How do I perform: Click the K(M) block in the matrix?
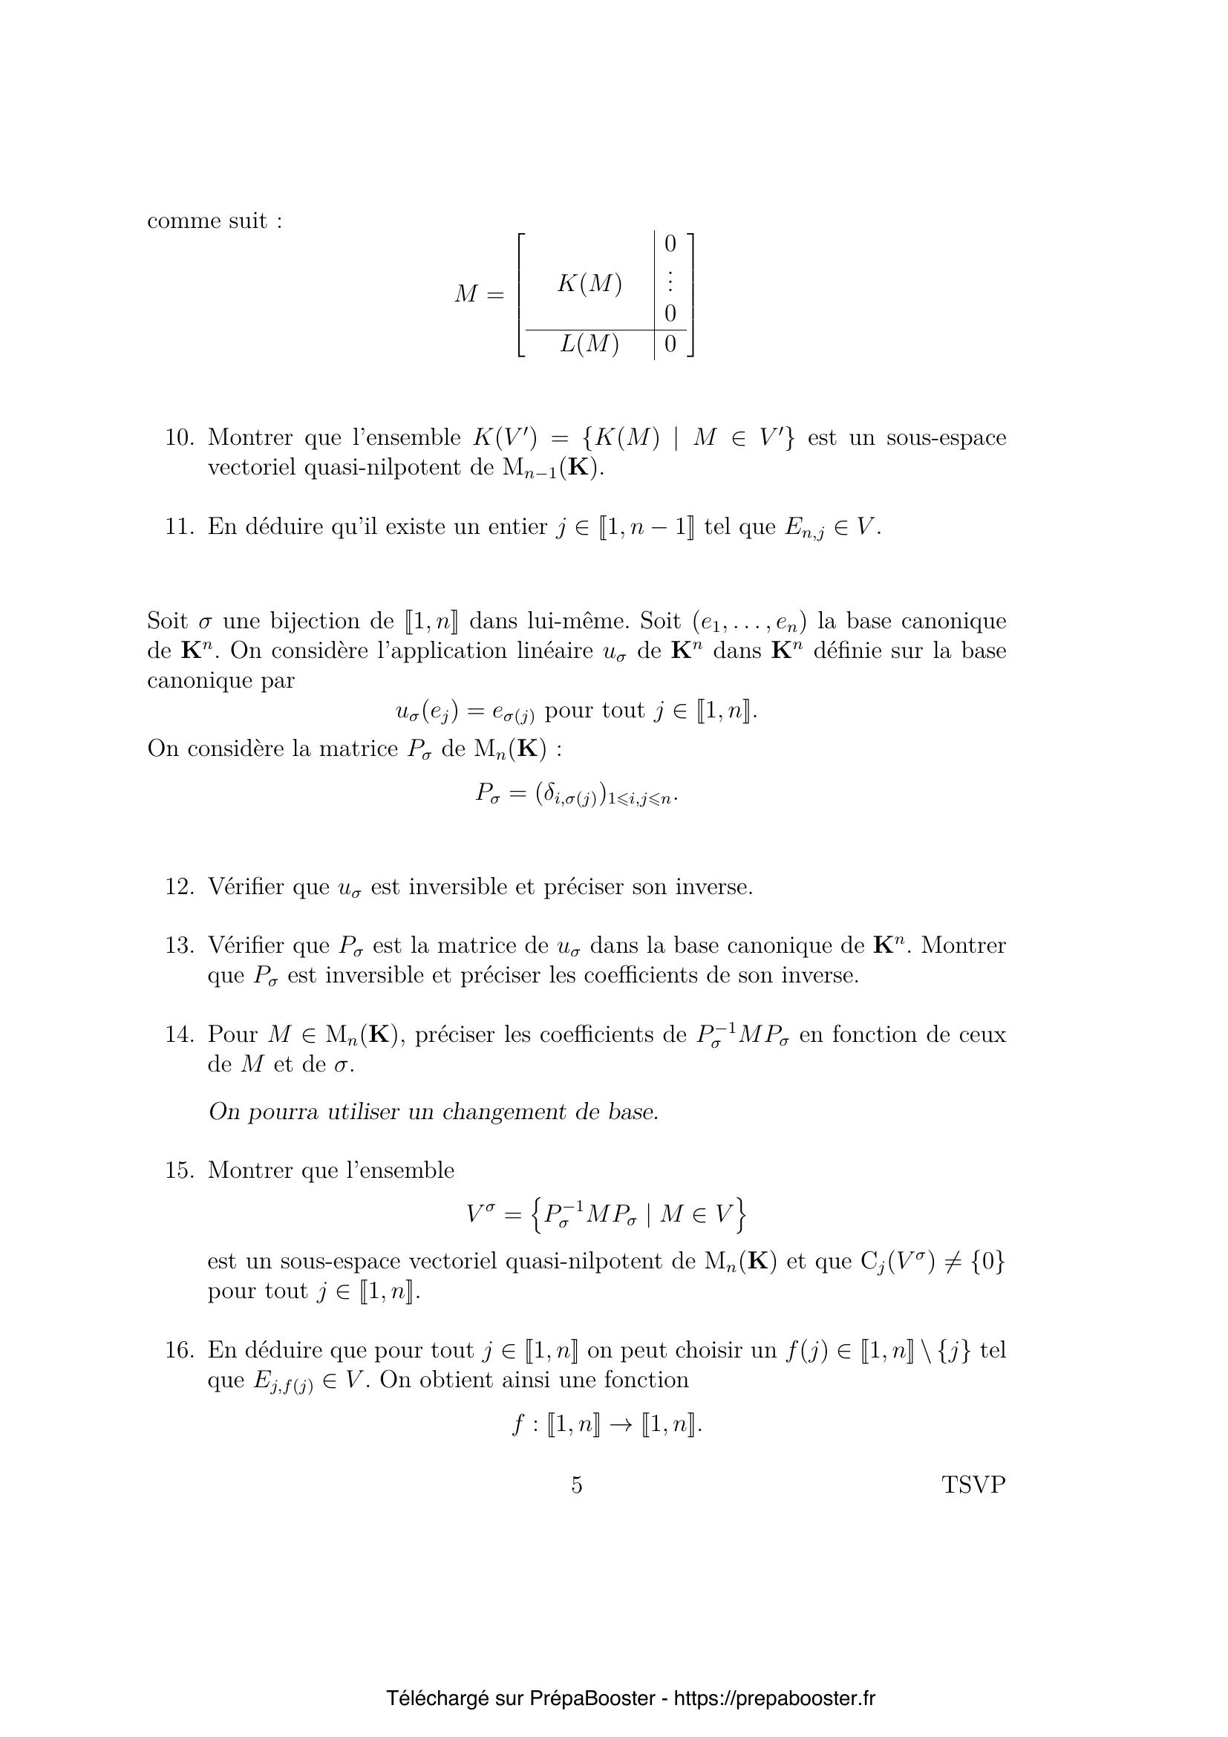(x=589, y=284)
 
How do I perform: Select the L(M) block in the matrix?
(x=589, y=345)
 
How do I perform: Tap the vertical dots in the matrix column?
(x=669, y=281)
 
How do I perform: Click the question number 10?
(x=180, y=438)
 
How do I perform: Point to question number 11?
(x=180, y=527)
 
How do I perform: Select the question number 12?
(x=180, y=887)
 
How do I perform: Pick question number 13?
(x=180, y=945)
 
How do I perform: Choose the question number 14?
(x=180, y=1034)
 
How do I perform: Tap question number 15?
(x=180, y=1170)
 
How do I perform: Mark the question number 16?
(x=180, y=1350)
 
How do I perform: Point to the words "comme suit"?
(x=215, y=221)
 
